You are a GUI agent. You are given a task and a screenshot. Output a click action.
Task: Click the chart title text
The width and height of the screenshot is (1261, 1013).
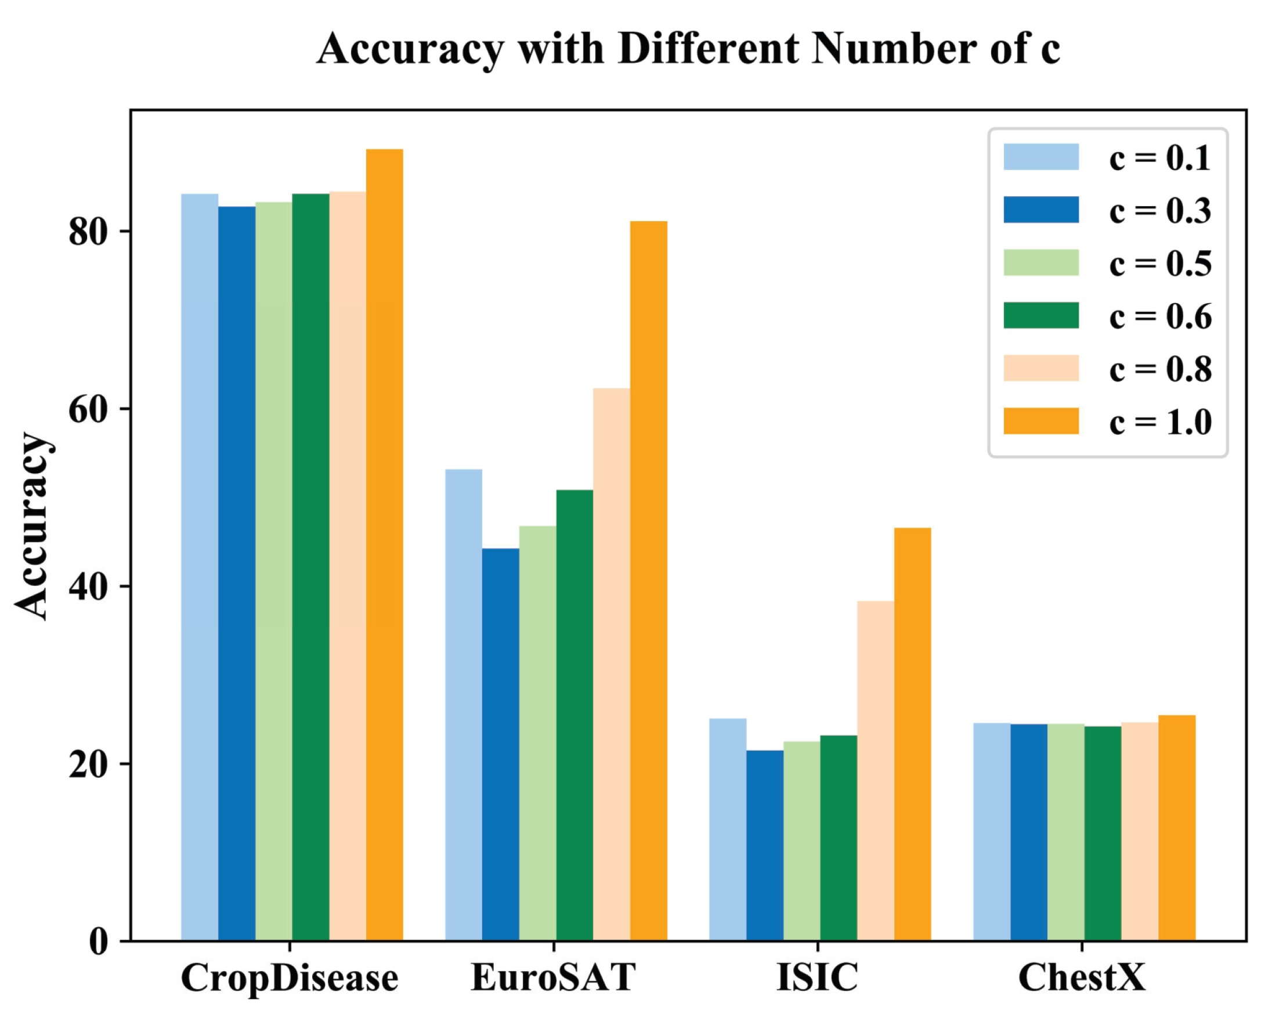tap(688, 49)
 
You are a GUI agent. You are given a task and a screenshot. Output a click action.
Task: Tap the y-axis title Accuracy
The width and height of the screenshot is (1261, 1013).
tap(32, 525)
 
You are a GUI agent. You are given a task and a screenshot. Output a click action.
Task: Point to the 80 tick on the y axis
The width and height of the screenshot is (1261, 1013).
tap(88, 232)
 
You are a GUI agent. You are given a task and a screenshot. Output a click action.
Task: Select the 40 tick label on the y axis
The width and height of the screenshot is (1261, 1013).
tap(88, 587)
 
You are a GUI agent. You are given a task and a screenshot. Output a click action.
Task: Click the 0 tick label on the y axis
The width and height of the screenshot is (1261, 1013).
tap(99, 942)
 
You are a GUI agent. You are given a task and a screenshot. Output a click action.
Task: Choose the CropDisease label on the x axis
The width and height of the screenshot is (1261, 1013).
tap(290, 978)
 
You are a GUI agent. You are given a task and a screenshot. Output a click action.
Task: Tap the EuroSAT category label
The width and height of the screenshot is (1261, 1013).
tap(552, 978)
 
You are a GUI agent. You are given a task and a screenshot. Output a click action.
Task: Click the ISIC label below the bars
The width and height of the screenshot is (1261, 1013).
tap(817, 978)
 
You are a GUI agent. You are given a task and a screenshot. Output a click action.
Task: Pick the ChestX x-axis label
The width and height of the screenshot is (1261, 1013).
tap(1082, 978)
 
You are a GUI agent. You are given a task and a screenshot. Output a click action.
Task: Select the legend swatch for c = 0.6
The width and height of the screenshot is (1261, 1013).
tap(1040, 315)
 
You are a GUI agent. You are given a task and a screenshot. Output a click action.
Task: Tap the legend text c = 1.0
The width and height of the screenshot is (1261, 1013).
tap(1159, 422)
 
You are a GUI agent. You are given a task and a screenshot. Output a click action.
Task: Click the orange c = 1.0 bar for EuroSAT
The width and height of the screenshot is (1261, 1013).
tap(648, 579)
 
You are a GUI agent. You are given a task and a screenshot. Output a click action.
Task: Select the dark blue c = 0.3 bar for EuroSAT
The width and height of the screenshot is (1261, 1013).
tap(500, 743)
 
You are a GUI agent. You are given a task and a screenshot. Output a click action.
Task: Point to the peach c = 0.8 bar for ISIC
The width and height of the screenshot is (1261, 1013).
tap(875, 770)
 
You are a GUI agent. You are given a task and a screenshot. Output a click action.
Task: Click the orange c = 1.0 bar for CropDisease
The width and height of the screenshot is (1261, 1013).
tap(384, 545)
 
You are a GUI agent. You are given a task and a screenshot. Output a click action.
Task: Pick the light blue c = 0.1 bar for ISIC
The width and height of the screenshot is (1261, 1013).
tap(728, 828)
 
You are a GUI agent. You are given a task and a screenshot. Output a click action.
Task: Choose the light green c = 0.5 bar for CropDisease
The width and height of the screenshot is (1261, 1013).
tap(274, 571)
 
